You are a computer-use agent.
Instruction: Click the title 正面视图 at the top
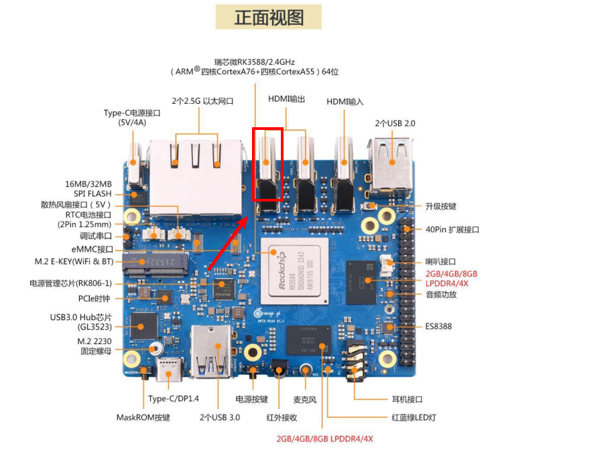(269, 17)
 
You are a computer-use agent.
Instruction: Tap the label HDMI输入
(345, 101)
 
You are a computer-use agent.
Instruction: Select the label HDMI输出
(286, 99)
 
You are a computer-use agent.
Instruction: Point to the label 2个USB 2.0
(395, 123)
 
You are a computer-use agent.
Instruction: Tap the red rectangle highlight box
(267, 165)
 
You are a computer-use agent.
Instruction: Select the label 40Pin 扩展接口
(452, 230)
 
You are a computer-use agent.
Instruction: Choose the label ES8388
(438, 327)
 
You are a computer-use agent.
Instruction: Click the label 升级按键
(440, 206)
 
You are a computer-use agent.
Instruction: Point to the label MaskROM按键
(143, 418)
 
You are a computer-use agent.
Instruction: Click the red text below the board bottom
(324, 439)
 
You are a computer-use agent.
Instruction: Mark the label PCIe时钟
(94, 299)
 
